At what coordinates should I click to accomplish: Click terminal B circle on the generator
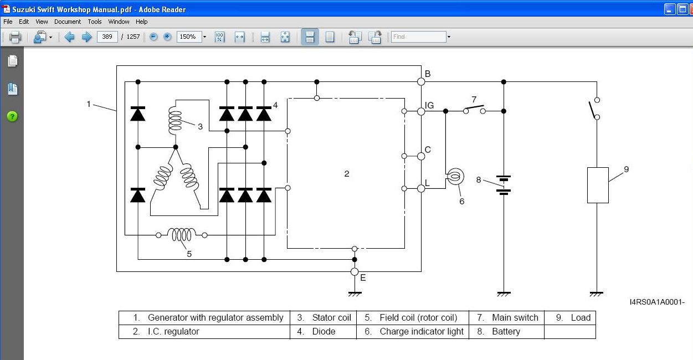pos(421,81)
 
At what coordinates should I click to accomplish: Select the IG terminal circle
pos(421,111)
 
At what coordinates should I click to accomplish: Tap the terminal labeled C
pos(421,156)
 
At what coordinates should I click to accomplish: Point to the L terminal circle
pos(421,188)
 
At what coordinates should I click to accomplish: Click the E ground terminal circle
pos(355,271)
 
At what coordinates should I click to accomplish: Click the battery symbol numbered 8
pos(504,185)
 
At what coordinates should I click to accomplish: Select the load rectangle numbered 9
pos(598,185)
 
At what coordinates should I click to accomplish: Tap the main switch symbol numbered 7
pos(474,109)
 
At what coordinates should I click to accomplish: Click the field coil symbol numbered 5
pos(182,235)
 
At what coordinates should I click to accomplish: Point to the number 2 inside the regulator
pos(347,174)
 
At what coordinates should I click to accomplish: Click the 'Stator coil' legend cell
pos(324,318)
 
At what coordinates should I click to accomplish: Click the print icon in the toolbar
pos(15,37)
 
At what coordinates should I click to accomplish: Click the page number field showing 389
pos(106,37)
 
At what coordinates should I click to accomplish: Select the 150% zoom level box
pos(188,37)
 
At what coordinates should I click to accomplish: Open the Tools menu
pos(95,22)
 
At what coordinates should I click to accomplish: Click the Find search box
pos(418,37)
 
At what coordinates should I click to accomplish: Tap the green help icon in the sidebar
pos(12,116)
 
